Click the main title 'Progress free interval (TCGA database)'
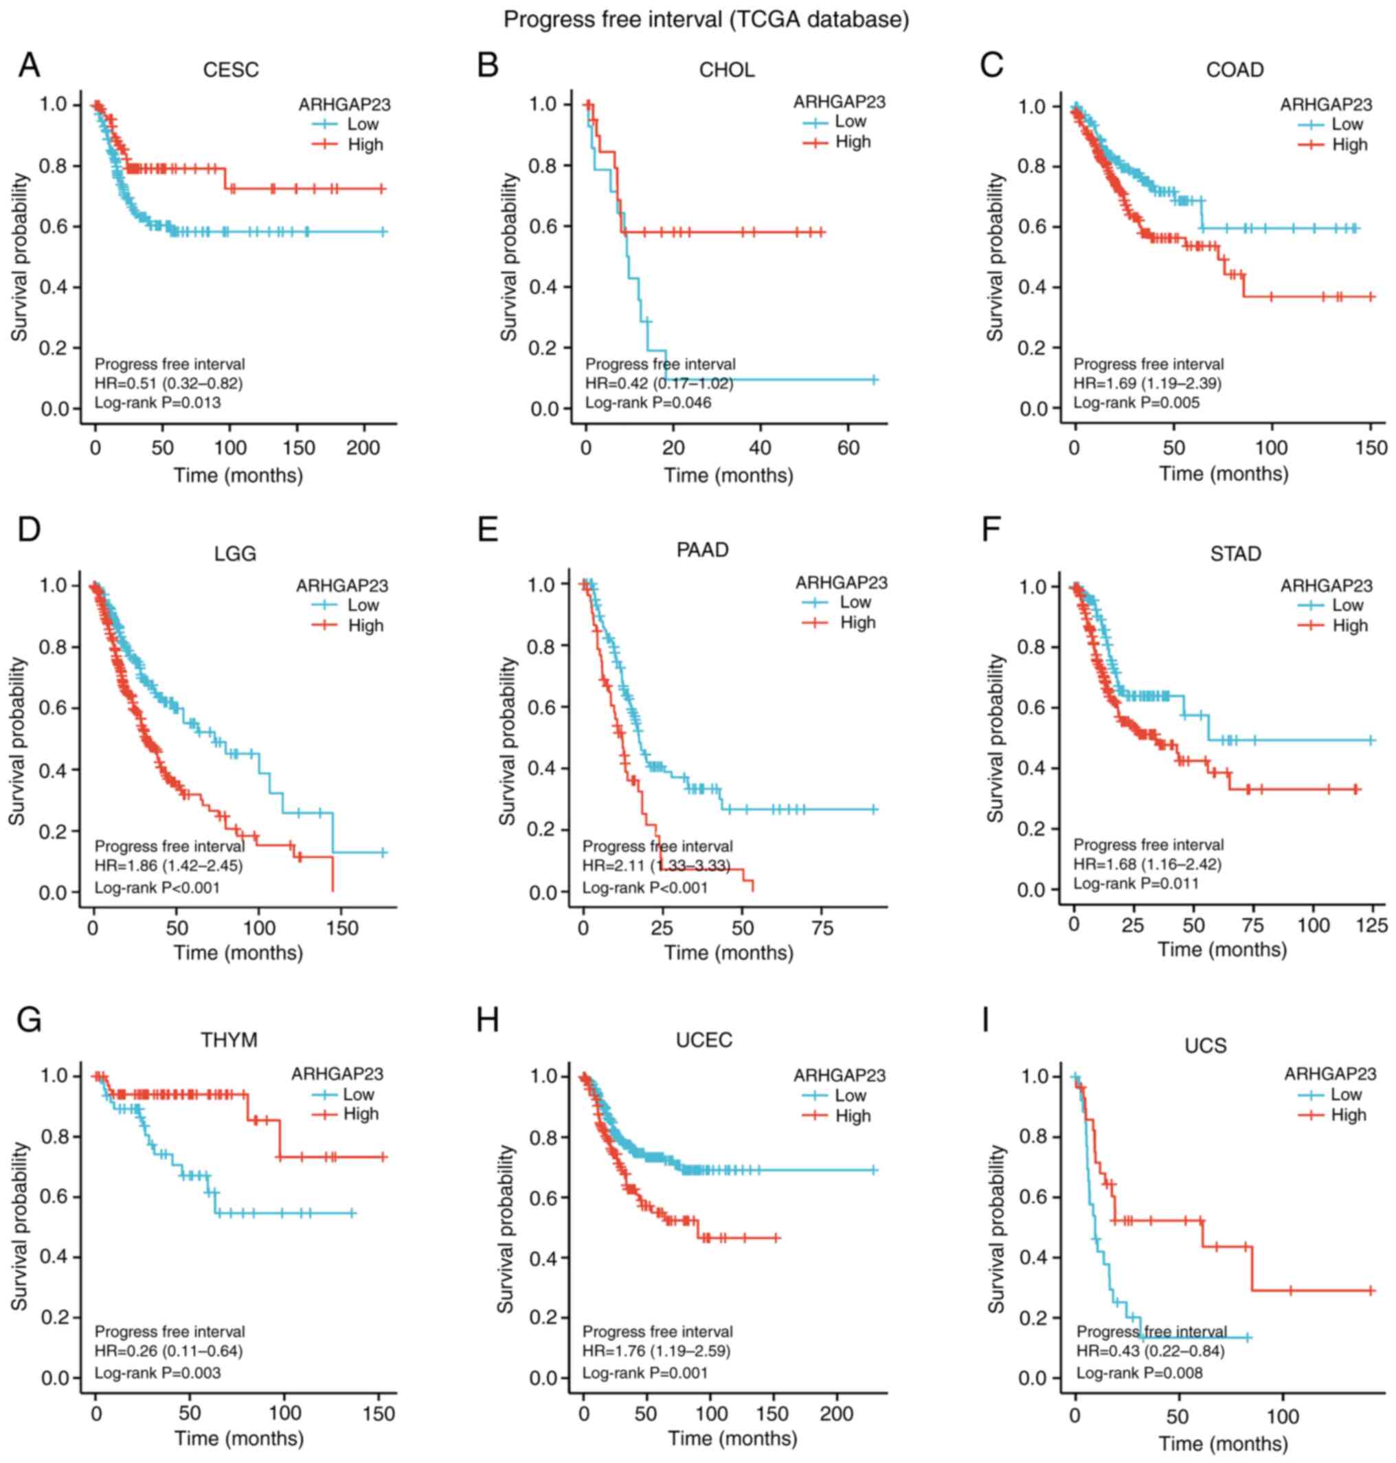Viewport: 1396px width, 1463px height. pyautogui.click(x=706, y=19)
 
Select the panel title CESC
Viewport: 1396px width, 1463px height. pyautogui.click(x=231, y=70)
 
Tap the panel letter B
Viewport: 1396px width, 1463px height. pyautogui.click(x=488, y=65)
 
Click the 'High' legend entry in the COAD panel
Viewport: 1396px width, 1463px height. pyautogui.click(x=1349, y=144)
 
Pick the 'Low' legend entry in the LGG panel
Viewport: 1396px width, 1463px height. pyautogui.click(x=362, y=605)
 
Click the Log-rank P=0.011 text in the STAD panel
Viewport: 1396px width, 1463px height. pyautogui.click(x=1136, y=883)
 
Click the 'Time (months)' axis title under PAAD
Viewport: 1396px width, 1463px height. pyautogui.click(x=728, y=952)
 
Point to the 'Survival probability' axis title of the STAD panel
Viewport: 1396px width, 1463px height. pyautogui.click(x=995, y=738)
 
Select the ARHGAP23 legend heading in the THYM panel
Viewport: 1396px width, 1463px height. pyautogui.click(x=337, y=1074)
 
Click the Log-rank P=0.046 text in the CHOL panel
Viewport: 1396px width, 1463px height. pyautogui.click(x=647, y=403)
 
